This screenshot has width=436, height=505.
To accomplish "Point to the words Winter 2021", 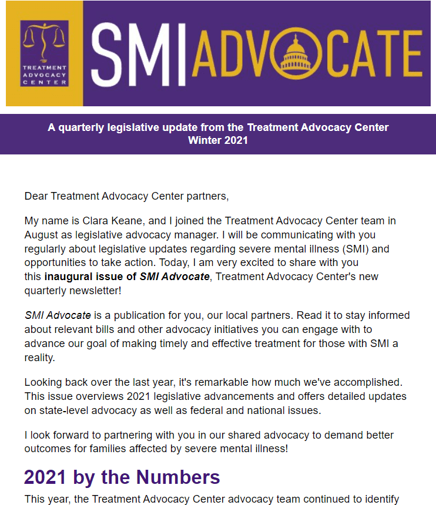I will tap(218, 140).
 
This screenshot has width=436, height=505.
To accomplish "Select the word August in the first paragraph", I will tap(41, 235).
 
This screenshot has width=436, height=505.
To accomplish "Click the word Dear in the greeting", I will tap(36, 196).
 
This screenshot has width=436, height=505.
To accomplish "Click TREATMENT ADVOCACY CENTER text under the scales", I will tap(44, 75).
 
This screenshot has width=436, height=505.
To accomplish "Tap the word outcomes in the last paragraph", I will tap(48, 449).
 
